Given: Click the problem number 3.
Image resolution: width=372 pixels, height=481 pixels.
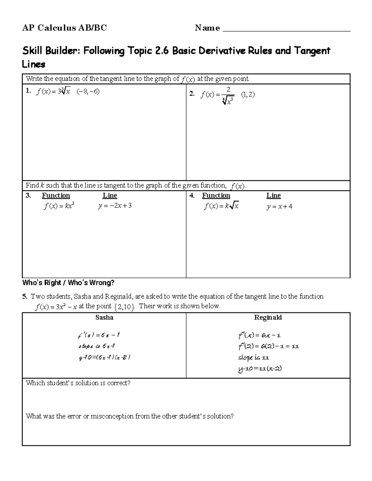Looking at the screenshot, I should (28, 195).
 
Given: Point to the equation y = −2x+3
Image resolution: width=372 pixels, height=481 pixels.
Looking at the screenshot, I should (115, 206).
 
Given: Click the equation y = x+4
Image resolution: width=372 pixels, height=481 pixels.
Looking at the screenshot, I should (279, 207).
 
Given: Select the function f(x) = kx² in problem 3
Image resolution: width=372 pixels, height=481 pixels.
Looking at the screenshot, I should (59, 206).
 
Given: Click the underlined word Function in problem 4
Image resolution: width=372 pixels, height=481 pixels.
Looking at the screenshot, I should (216, 195).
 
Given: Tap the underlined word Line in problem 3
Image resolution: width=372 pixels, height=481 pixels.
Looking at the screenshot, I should (110, 195).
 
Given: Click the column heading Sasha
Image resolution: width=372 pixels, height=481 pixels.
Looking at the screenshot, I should (104, 317).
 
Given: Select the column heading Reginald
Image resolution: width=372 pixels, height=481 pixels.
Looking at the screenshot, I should (268, 317).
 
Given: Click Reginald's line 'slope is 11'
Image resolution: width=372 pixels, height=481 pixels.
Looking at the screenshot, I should (253, 357).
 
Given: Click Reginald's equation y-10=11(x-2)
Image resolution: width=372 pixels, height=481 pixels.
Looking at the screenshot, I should (260, 369).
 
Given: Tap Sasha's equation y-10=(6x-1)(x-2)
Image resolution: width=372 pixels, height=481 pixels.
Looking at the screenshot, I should (104, 357).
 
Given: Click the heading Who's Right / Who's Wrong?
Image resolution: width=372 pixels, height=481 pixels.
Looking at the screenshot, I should (68, 283).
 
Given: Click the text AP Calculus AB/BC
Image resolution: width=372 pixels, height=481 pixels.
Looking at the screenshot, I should (64, 28).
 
